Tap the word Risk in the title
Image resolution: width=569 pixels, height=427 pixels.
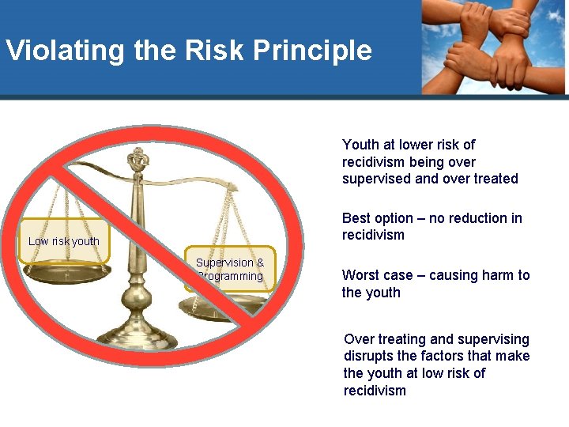(x=207, y=51)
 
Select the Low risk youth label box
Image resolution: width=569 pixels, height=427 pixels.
(x=64, y=241)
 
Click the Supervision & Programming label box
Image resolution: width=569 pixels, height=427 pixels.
(x=230, y=270)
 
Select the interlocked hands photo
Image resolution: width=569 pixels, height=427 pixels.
(x=494, y=47)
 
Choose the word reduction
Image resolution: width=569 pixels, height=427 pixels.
(x=477, y=218)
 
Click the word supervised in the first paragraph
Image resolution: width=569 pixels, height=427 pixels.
(x=376, y=179)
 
